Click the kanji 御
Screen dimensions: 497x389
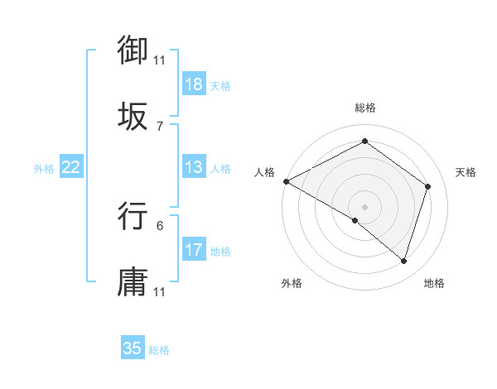(x=133, y=50)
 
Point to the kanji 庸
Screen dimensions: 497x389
(x=133, y=281)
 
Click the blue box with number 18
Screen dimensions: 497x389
(x=194, y=84)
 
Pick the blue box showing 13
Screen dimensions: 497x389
(x=194, y=167)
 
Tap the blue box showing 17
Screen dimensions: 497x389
(x=194, y=250)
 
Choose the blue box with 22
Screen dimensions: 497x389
(x=71, y=167)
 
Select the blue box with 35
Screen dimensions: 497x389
(x=133, y=348)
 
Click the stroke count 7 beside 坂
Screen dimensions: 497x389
(x=160, y=126)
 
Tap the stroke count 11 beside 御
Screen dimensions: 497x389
(x=160, y=60)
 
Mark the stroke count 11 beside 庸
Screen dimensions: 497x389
(x=160, y=291)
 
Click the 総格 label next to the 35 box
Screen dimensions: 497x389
(x=159, y=350)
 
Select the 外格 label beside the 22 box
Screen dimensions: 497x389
(x=44, y=169)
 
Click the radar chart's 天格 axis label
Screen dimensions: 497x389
(x=466, y=172)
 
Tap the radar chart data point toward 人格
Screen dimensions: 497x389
(x=286, y=181)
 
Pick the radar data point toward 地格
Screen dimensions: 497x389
(x=403, y=261)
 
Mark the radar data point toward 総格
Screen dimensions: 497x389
(x=364, y=142)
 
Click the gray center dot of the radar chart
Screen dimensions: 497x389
(x=364, y=206)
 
